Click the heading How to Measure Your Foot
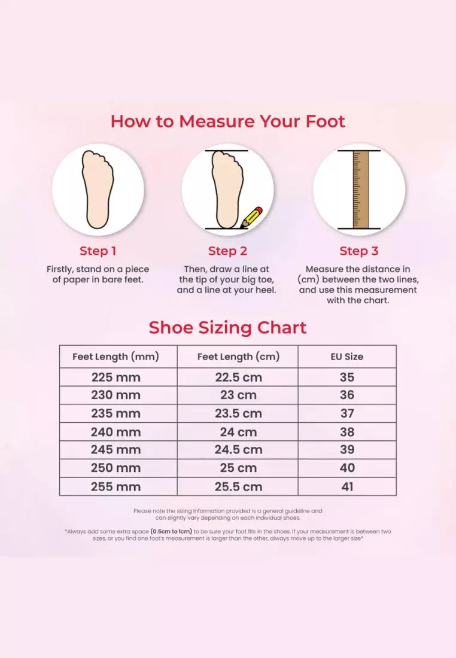coord(228,121)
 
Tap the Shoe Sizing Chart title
coord(227,328)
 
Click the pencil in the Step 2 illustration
coord(252,218)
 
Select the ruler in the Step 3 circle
coord(359,189)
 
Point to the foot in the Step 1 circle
coord(98,188)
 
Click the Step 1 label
coord(98,251)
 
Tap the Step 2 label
coord(227,251)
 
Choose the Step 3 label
coord(358,251)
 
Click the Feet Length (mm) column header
coord(115,357)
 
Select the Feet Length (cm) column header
coord(238,357)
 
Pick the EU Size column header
coord(347,357)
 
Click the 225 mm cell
coord(115,377)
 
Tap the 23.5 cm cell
coord(238,413)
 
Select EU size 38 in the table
coord(347,432)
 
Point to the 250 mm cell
coord(115,468)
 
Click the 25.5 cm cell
coord(238,486)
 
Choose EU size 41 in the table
coord(347,486)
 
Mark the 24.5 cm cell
coord(238,450)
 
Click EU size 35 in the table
coord(347,377)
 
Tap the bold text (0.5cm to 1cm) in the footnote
coord(171,531)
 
